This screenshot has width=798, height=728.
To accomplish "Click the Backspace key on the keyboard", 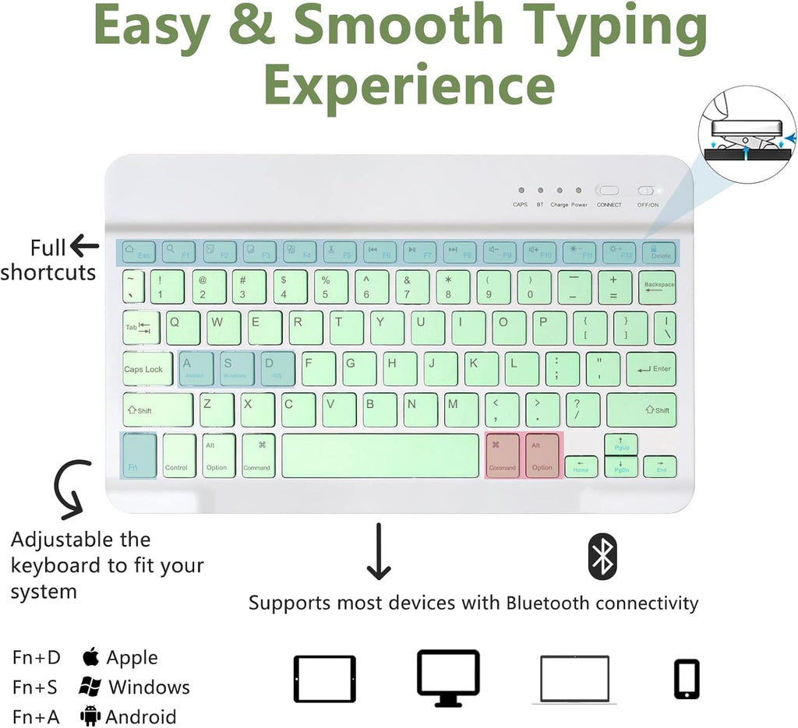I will (x=659, y=287).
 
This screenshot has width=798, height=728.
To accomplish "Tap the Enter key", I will (x=651, y=369).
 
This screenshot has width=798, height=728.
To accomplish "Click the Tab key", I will (x=141, y=328).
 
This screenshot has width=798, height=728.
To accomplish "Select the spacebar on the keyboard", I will (x=380, y=456).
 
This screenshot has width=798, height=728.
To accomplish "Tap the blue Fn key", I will (x=139, y=456).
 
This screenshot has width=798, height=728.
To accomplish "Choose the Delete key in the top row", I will (x=659, y=251).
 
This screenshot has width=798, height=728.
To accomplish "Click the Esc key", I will (x=137, y=251).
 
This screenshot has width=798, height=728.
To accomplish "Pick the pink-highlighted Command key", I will (x=503, y=456).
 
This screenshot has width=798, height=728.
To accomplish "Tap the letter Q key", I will (x=182, y=328).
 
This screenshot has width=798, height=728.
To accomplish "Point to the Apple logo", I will (x=91, y=656).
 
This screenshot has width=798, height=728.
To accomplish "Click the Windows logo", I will (x=90, y=687).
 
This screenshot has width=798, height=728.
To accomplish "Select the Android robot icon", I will (x=90, y=716).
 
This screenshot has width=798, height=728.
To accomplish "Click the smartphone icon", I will (x=687, y=679).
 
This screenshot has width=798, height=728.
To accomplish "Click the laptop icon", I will (x=574, y=680).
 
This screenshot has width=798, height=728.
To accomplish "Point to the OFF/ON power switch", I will (x=647, y=191).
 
